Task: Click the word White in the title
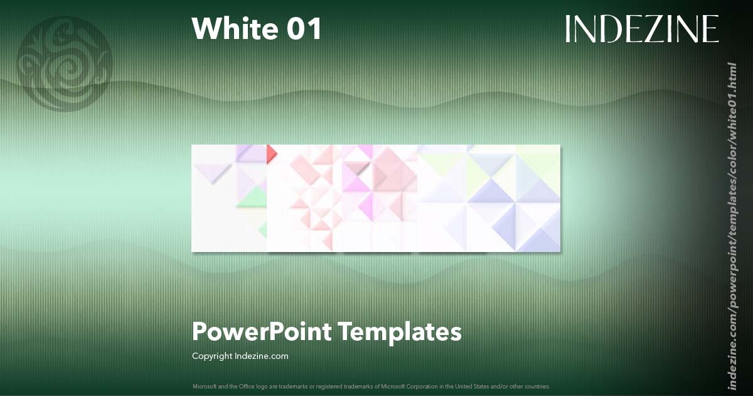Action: (x=232, y=29)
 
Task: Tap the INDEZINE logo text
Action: (x=642, y=29)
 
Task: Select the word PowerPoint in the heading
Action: (x=262, y=331)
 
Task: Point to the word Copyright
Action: (x=212, y=356)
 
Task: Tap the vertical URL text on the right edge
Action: (x=732, y=217)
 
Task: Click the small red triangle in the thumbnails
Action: (x=271, y=152)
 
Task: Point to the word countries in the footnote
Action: (x=538, y=386)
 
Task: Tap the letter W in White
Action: (x=205, y=29)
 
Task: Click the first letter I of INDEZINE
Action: (x=569, y=29)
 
